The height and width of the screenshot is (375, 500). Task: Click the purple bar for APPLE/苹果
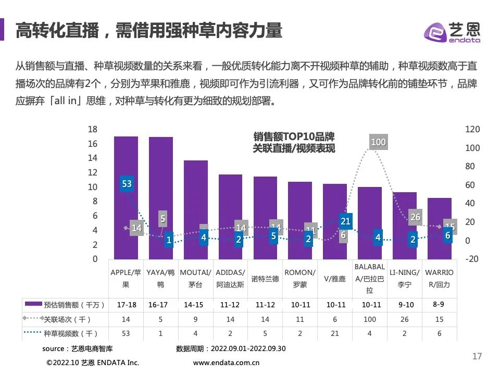[x=126, y=198]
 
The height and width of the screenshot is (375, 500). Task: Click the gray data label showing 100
[x=378, y=142]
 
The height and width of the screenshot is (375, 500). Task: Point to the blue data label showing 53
[x=127, y=184]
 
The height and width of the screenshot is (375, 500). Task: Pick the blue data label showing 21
[x=345, y=221]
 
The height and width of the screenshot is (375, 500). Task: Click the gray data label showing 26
[x=415, y=217]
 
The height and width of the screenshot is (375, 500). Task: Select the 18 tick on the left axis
[x=92, y=129]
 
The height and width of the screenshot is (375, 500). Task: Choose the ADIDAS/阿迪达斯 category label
[x=230, y=278]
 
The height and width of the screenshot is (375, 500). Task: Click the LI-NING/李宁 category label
[x=404, y=278]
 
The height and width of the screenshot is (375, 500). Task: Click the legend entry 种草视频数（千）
[x=65, y=333]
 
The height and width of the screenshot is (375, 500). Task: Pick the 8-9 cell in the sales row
[x=439, y=304]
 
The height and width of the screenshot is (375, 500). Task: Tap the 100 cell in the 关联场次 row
[x=369, y=319]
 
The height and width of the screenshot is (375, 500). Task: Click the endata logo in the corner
[x=452, y=32]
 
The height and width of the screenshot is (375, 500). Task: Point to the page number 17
[x=477, y=357]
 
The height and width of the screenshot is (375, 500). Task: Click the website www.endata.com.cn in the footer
[x=226, y=362]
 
